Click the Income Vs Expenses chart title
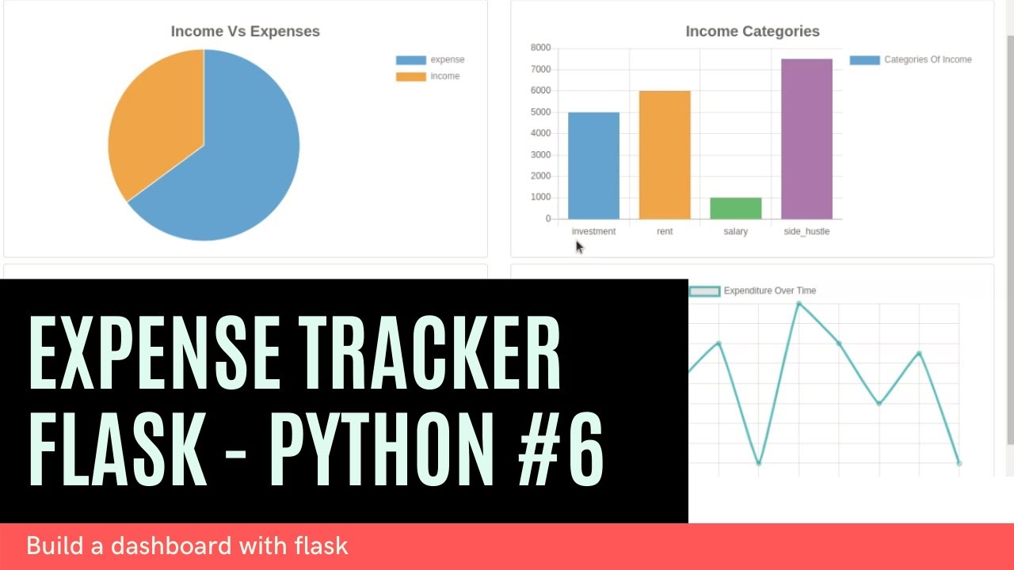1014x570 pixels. pos(246,32)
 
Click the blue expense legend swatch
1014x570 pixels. pos(410,60)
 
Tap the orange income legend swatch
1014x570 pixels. pos(410,77)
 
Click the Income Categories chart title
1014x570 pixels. pos(752,32)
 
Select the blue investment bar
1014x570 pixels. pos(593,165)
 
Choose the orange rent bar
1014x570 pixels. pos(665,154)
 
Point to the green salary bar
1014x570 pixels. pos(735,208)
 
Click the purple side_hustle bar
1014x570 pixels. pos(806,139)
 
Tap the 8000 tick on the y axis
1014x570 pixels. pos(539,48)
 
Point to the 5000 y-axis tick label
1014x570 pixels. pos(539,112)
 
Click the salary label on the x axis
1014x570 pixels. pos(735,232)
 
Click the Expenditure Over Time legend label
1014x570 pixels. pos(769,291)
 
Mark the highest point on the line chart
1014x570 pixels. pos(799,303)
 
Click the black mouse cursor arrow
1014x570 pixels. pos(579,247)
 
